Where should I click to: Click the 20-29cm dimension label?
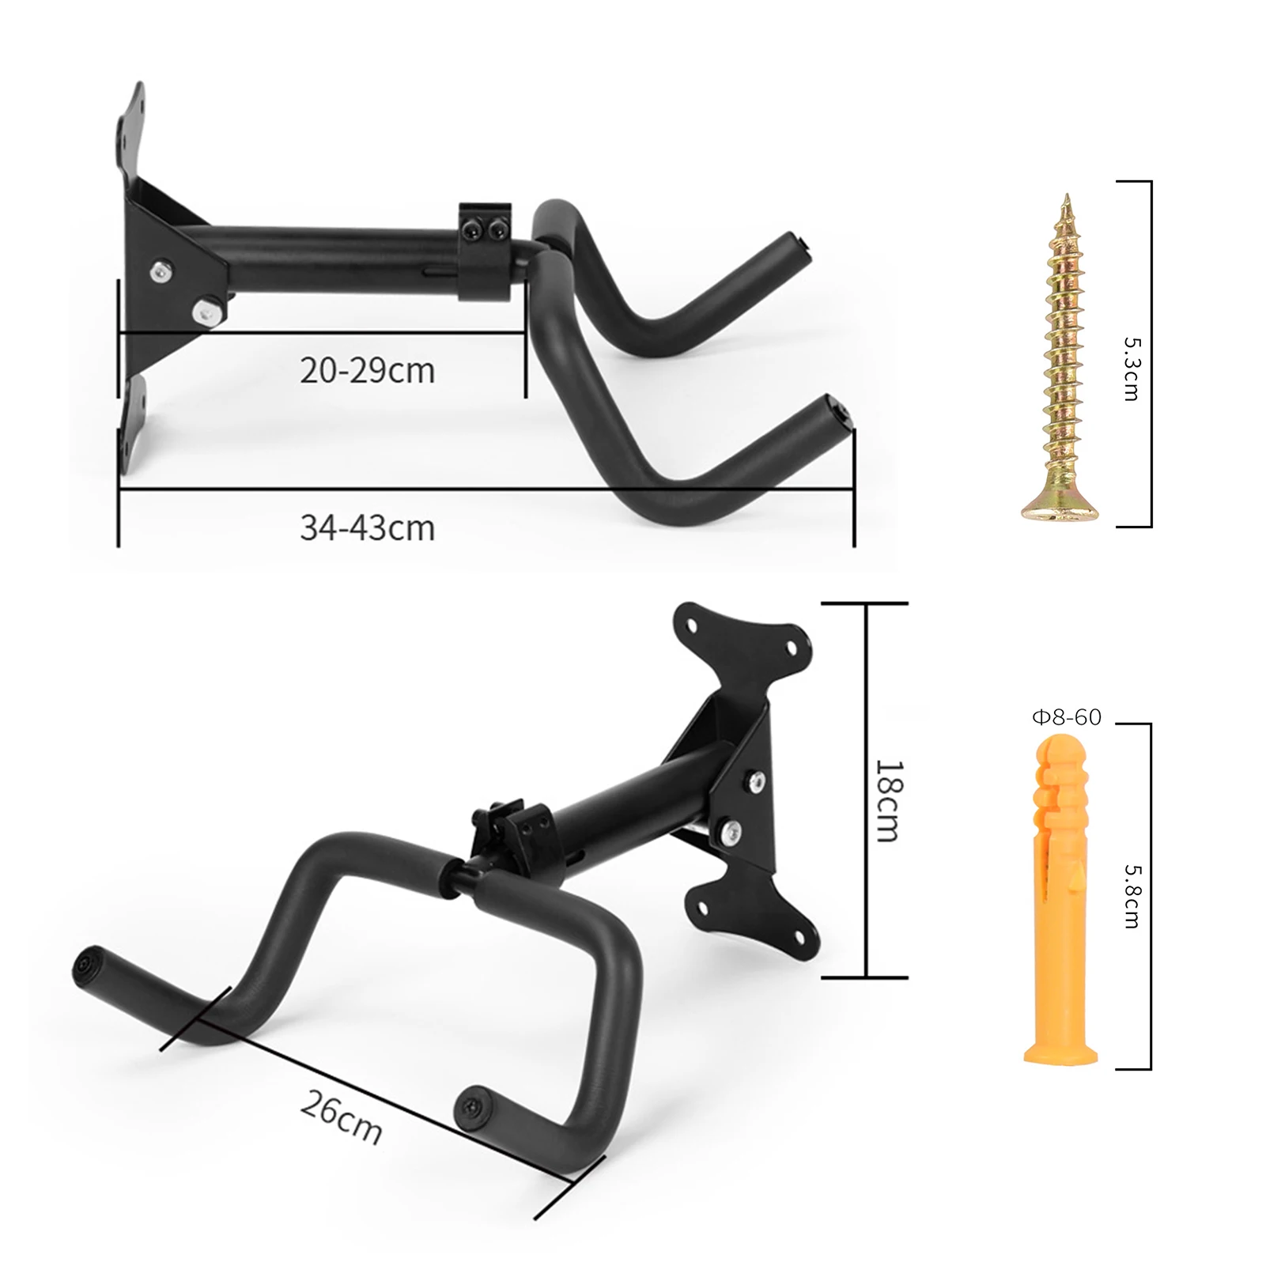[x=367, y=371]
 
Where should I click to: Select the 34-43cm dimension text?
[x=367, y=527]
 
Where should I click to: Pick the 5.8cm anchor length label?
[x=1132, y=895]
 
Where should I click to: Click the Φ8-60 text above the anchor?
[x=1066, y=717]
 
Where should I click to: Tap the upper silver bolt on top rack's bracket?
[x=161, y=271]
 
